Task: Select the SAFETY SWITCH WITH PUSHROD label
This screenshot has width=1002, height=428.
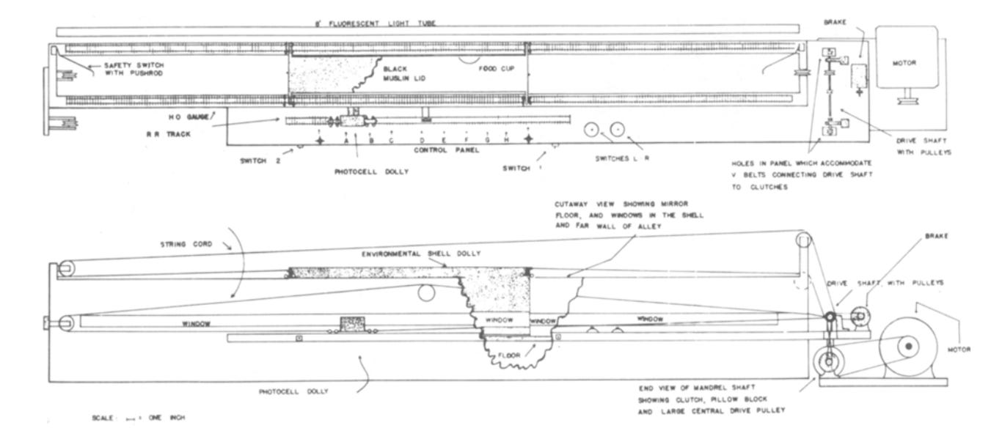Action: pyautogui.click(x=125, y=70)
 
